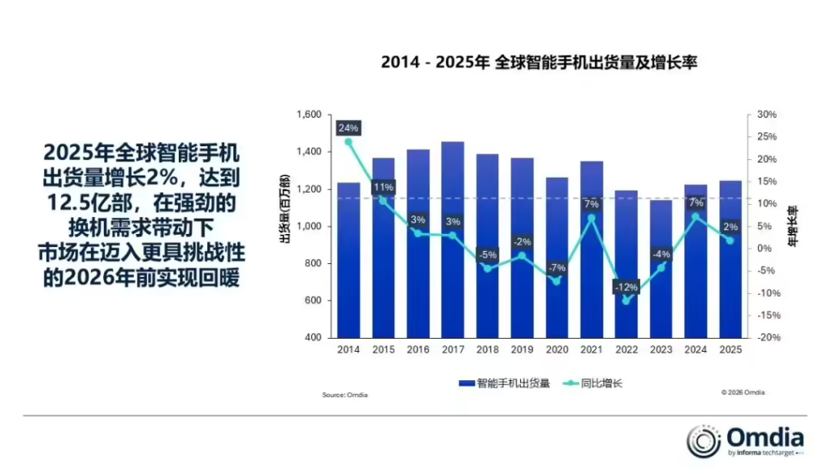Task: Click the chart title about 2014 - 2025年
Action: pos(539,63)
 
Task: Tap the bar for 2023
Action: pos(661,268)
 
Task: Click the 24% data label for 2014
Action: pos(349,128)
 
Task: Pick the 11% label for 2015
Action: pos(383,187)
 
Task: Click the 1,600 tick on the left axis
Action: pos(310,115)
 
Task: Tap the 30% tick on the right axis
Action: pos(767,115)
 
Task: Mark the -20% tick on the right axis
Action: pos(767,337)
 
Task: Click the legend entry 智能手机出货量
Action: pos(505,382)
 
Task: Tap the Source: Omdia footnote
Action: pos(345,395)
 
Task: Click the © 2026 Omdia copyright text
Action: pos(743,392)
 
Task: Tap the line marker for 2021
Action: pos(591,218)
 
